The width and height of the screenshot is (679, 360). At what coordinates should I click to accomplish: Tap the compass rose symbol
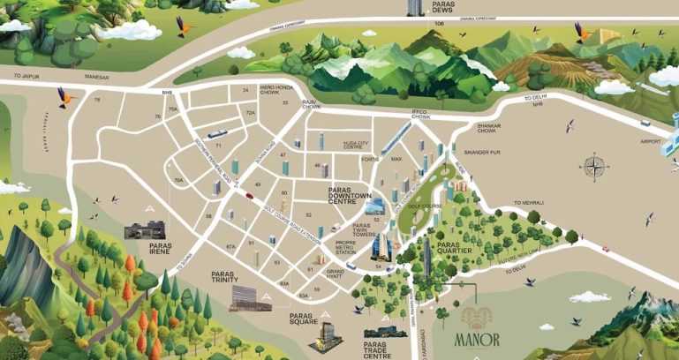[595, 166]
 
